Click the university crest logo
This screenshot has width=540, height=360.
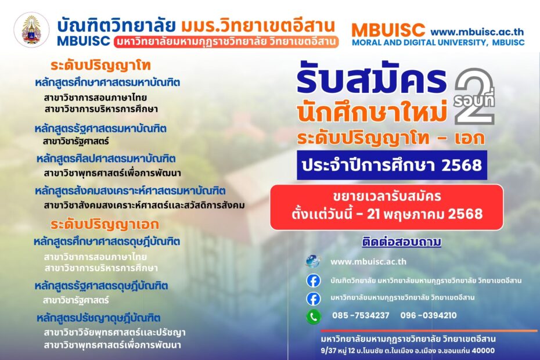click(31, 30)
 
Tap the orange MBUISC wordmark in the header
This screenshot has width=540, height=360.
click(388, 30)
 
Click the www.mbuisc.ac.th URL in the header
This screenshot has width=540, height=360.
click(477, 33)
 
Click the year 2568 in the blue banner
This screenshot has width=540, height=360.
click(462, 165)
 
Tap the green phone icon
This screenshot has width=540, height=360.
click(314, 316)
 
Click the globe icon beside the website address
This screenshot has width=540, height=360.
click(313, 261)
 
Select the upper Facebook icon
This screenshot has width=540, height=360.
click(314, 280)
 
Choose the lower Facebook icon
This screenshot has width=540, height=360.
click(314, 298)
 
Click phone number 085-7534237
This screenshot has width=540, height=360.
click(361, 315)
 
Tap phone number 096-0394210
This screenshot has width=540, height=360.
click(429, 315)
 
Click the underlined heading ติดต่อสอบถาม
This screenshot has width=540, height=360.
click(402, 242)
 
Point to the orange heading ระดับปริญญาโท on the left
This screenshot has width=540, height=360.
click(100, 66)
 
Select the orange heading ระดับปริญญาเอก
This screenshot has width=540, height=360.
click(105, 225)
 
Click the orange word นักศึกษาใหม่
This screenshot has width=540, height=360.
click(372, 111)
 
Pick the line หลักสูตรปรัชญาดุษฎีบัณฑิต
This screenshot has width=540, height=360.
click(99, 318)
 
